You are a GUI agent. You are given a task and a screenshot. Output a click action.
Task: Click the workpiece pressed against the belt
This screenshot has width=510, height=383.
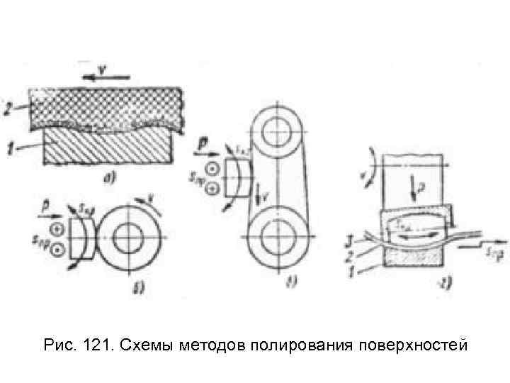(236, 175)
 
